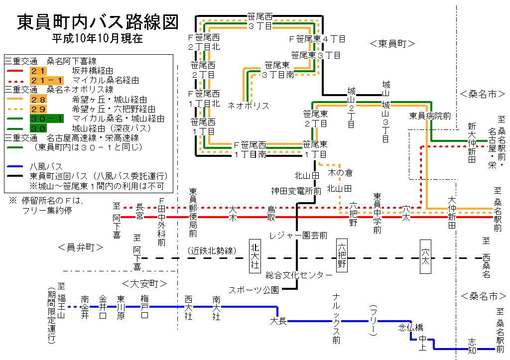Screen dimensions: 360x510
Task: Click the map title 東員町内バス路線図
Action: [x=98, y=22]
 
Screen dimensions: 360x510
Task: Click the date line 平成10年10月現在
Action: [x=98, y=38]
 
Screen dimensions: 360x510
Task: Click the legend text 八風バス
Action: [x=46, y=166]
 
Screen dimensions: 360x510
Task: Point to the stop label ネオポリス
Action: [x=249, y=106]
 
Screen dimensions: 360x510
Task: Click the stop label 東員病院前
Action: [x=430, y=116]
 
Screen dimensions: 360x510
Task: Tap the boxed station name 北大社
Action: [x=255, y=255]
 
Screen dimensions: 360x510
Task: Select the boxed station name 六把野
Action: [x=342, y=255]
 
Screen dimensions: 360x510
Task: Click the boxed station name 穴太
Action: [x=425, y=255]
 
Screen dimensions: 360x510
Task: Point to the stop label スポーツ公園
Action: [x=254, y=290]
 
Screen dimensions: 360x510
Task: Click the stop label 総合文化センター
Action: [x=298, y=275]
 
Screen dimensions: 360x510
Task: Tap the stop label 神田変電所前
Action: [x=296, y=190]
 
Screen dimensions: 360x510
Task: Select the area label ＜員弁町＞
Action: [x=80, y=247]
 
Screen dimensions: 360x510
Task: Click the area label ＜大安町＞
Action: [x=144, y=284]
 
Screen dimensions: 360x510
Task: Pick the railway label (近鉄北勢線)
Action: [x=211, y=250]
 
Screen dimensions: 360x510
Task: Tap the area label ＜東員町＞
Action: [x=392, y=44]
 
